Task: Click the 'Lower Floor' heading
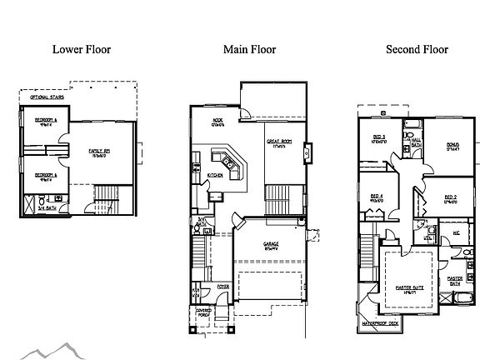tap(81, 49)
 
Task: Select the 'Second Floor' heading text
tap(417, 49)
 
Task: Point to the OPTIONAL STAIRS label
tap(47, 97)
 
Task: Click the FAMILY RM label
tap(102, 151)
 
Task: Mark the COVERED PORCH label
tap(204, 312)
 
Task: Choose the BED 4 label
tap(377, 197)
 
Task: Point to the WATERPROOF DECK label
tap(382, 321)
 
